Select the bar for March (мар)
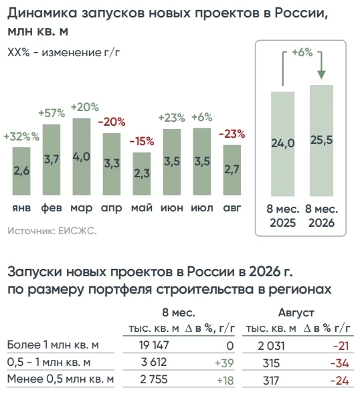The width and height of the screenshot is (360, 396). point(82,157)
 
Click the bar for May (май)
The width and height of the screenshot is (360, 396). point(142,174)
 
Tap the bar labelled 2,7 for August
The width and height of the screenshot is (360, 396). point(232,170)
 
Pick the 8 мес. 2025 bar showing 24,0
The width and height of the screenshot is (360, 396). point(282,144)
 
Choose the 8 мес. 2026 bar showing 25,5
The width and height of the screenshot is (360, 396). point(321,140)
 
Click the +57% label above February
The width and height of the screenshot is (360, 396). point(52,113)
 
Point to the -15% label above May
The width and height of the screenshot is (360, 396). point(142,141)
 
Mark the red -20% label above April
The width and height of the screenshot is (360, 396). point(112,122)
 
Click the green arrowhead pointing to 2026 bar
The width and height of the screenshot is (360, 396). point(321,75)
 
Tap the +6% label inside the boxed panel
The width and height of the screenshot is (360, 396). point(302,52)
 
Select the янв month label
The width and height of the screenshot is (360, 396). point(21,208)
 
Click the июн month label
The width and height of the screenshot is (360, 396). point(172,208)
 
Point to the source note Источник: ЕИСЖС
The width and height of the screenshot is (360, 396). point(52,231)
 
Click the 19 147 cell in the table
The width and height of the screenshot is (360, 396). point(154,345)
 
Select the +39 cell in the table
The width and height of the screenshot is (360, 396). point(224,363)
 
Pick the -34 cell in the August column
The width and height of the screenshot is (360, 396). point(339,363)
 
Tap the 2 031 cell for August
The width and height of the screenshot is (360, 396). point(271,346)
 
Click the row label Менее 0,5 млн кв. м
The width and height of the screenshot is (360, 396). point(61,379)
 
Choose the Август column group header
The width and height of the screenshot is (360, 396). point(296,313)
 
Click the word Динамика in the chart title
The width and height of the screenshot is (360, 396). point(42,13)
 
